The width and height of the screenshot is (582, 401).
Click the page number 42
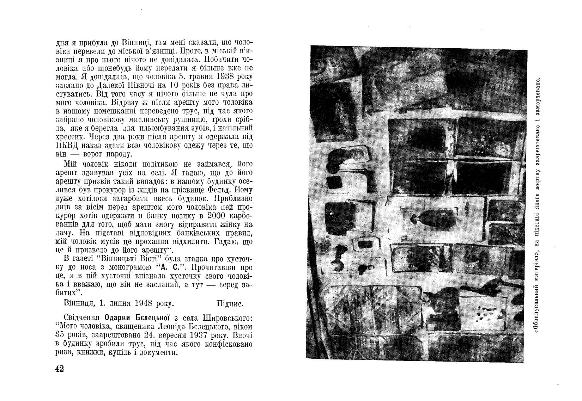point(59,369)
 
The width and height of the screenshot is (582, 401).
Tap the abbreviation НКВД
point(67,145)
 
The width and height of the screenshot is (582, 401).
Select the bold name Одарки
point(114,317)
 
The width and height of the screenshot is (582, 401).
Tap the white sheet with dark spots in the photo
point(485,312)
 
